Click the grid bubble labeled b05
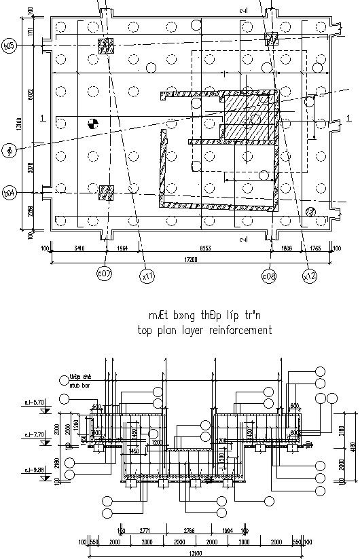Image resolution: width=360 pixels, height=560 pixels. click(x=10, y=45)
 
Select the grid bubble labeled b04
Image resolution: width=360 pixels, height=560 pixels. click(x=10, y=193)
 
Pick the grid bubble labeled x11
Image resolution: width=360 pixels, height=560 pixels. click(x=147, y=276)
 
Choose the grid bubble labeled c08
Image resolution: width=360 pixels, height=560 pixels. click(x=269, y=276)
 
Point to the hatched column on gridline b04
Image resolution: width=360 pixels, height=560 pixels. click(x=107, y=193)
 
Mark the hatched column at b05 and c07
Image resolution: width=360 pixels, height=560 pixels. click(x=107, y=46)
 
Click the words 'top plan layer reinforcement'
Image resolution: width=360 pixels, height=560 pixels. click(x=204, y=331)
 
